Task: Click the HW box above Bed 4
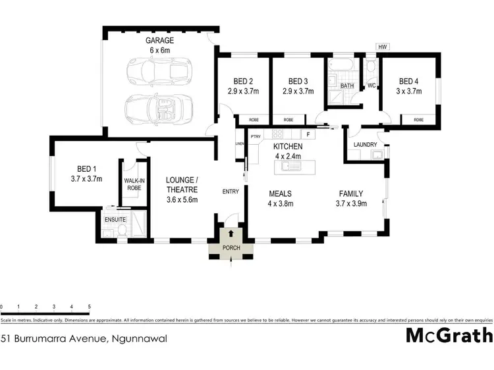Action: click(x=381, y=47)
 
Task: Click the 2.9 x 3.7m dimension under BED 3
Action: click(x=298, y=92)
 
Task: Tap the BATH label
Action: click(x=346, y=86)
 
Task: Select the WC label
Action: click(x=371, y=86)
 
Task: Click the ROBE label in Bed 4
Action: click(x=418, y=120)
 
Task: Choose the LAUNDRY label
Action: click(x=365, y=145)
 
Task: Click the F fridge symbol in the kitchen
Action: click(x=307, y=134)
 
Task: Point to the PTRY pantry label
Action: click(x=257, y=136)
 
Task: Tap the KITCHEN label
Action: click(x=288, y=146)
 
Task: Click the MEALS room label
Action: click(x=281, y=194)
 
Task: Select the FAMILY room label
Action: click(x=350, y=194)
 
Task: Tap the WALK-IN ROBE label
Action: click(x=134, y=183)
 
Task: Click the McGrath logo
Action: click(x=448, y=336)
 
